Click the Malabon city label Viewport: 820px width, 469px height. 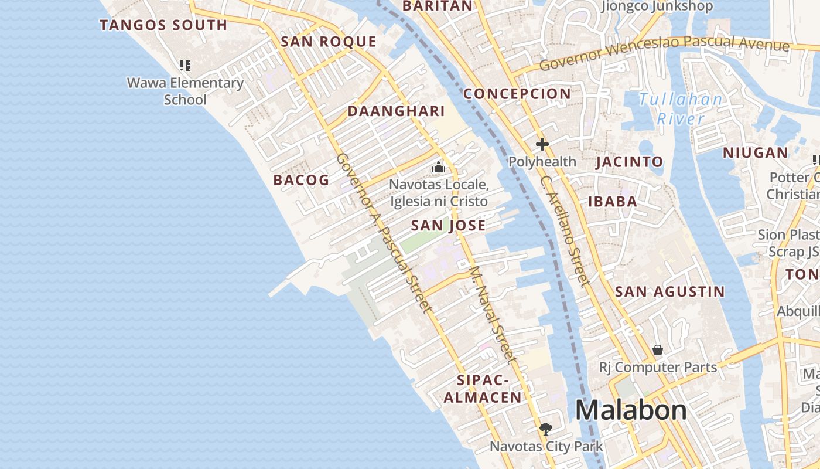(631, 410)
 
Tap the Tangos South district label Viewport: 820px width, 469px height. (163, 25)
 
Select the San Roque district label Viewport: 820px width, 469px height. (328, 42)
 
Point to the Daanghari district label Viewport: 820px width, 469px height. (397, 111)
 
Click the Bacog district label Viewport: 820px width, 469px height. (301, 180)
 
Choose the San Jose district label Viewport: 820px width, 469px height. (448, 226)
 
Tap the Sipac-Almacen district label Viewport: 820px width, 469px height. (482, 389)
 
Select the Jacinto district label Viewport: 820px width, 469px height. (630, 162)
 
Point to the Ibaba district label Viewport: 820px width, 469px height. (613, 202)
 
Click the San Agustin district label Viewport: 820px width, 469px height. (670, 291)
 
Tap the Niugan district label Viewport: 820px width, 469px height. (755, 153)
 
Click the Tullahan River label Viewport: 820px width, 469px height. (681, 109)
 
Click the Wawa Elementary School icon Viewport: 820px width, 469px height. (185, 66)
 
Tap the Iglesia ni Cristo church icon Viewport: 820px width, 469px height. (438, 168)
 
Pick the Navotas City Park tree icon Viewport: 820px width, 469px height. (546, 429)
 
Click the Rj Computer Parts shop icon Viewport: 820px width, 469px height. (658, 350)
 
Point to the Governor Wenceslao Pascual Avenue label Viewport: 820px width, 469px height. (664, 52)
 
